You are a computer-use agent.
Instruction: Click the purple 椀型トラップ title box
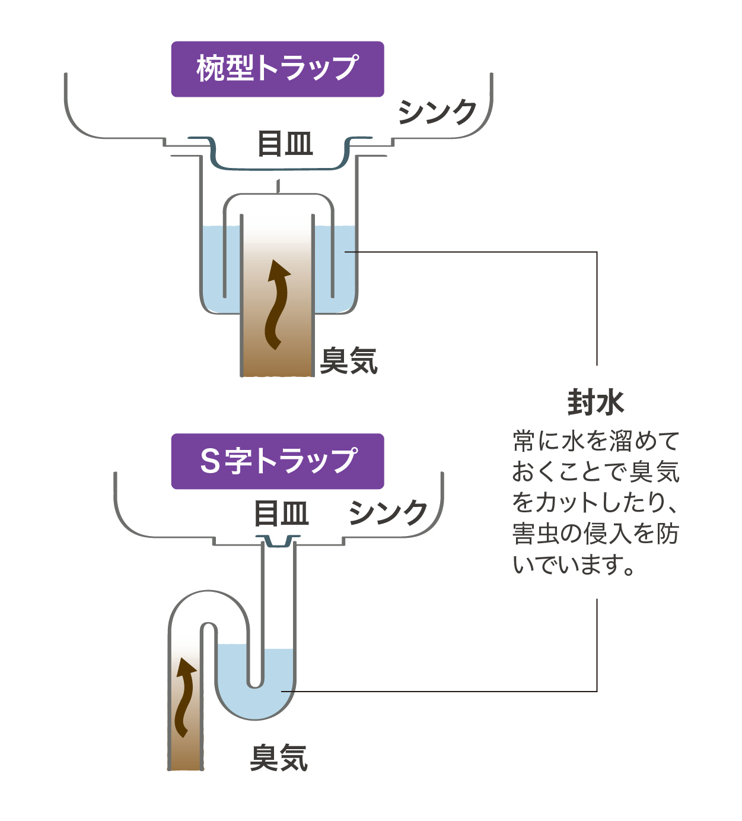pyautogui.click(x=278, y=69)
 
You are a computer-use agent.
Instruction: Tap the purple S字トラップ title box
pyautogui.click(x=278, y=461)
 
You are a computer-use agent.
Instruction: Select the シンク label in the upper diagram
pyautogui.click(x=437, y=112)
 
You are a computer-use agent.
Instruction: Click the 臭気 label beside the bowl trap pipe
pyautogui.click(x=349, y=360)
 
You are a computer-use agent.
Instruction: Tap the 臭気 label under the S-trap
pyautogui.click(x=279, y=758)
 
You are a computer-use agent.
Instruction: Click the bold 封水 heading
pyautogui.click(x=595, y=402)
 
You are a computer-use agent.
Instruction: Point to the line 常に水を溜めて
pyautogui.click(x=595, y=441)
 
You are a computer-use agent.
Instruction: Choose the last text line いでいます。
pyautogui.click(x=574, y=565)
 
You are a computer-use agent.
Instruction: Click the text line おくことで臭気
pyautogui.click(x=595, y=472)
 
